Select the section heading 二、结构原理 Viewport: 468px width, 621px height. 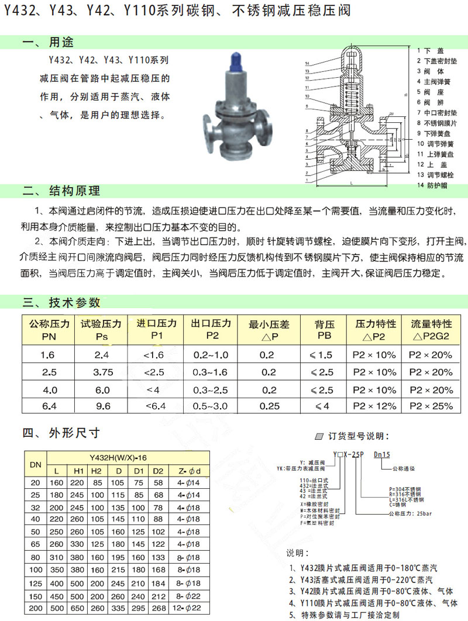[x=61, y=191]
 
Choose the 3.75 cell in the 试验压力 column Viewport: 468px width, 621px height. [x=102, y=372]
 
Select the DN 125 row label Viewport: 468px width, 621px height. [x=34, y=584]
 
